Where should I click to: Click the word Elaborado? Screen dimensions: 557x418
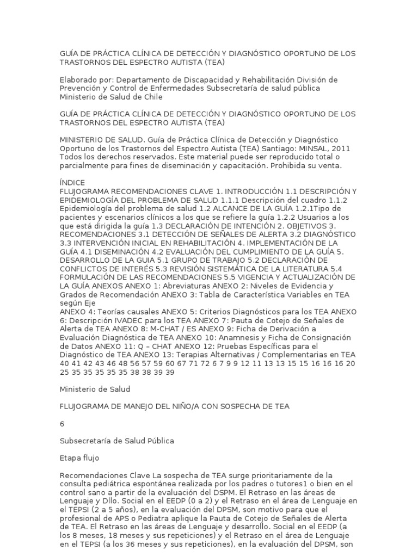tap(79, 80)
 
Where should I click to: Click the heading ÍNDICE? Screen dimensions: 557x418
tap(72, 183)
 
